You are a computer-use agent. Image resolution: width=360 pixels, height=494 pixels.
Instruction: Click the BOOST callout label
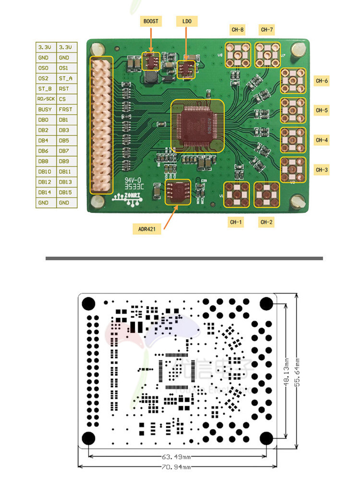coord(151,21)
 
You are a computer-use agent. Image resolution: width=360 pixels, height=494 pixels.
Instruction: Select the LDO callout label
coord(186,21)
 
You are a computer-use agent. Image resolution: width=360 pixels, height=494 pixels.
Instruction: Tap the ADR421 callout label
coord(147,229)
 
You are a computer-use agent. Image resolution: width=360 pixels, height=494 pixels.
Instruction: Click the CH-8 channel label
coord(238,30)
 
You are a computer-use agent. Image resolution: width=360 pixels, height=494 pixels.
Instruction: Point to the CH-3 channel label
coord(322,169)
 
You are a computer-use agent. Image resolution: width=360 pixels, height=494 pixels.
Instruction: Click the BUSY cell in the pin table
coord(46,109)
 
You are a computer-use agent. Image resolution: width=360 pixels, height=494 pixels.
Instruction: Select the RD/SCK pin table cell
coord(46,99)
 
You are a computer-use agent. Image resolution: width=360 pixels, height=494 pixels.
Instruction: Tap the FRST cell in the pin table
coord(66,109)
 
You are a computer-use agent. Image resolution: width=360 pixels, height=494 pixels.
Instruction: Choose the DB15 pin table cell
coord(66,193)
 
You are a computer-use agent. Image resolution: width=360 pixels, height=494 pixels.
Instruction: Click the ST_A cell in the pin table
coord(66,78)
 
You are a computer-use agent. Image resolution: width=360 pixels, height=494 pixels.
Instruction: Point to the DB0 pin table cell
coord(46,120)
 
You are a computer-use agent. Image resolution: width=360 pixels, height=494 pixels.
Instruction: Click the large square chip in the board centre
coord(198,126)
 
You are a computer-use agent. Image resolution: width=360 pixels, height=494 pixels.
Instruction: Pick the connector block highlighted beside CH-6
coord(293,80)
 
